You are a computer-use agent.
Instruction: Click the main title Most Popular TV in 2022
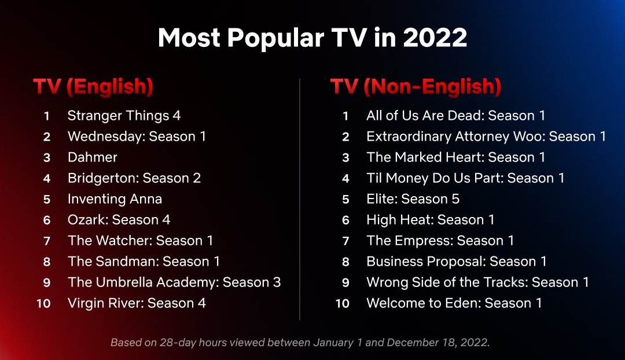[312, 38]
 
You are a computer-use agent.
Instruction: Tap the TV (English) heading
[93, 86]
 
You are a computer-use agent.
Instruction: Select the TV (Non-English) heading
[416, 86]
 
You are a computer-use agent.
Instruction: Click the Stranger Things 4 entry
[124, 116]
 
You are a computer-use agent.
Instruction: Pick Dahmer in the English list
[93, 157]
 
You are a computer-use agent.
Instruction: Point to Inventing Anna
[115, 199]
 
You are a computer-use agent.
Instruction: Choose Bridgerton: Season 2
[134, 178]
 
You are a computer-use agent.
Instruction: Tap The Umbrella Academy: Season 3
[174, 282]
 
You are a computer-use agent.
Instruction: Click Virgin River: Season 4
[137, 303]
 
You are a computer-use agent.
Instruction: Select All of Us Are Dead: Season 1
[455, 116]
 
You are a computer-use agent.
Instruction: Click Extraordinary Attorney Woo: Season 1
[486, 137]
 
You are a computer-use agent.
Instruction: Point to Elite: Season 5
[413, 199]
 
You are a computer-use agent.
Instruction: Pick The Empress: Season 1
[440, 240]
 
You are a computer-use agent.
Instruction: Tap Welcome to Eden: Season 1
[454, 303]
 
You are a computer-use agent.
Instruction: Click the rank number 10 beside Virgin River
[43, 303]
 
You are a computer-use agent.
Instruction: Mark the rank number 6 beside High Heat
[345, 220]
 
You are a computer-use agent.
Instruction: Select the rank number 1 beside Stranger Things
[47, 116]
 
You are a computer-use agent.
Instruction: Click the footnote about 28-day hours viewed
[300, 343]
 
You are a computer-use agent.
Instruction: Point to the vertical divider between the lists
[300, 199]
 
